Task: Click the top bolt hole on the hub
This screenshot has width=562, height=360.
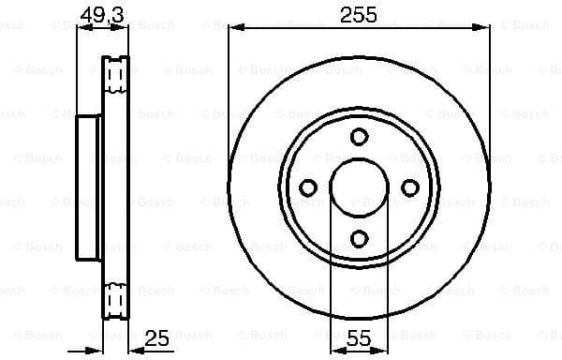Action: pos(359,137)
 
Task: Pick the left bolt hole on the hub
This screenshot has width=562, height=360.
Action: pos(307,187)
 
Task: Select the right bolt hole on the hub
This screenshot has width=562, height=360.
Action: pos(409,187)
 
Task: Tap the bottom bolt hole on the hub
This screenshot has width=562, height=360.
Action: pos(359,238)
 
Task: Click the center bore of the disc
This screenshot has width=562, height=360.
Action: pos(359,187)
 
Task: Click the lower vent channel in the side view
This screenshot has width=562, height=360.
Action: pos(116,300)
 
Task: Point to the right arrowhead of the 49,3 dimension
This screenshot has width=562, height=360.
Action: pos(123,27)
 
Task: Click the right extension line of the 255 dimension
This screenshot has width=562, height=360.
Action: pos(490,94)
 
